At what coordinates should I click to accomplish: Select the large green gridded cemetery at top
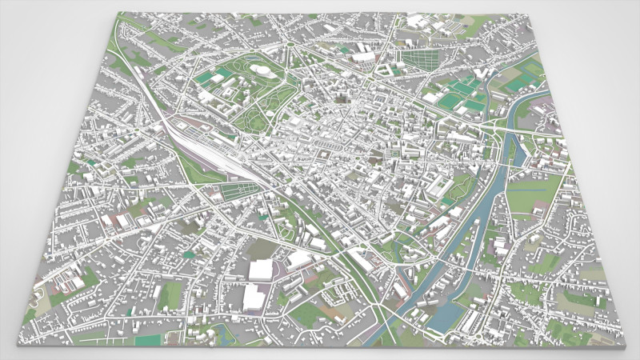tap(421, 58)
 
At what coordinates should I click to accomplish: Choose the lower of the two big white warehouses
tap(253, 298)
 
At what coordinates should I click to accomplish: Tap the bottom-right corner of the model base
tap(623, 346)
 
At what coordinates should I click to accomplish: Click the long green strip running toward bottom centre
tap(352, 264)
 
